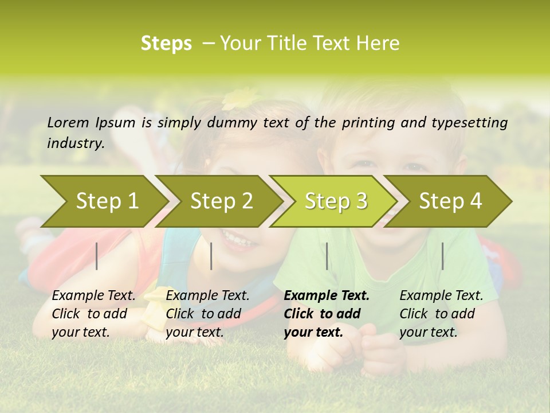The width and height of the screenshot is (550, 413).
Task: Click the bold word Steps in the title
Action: click(166, 44)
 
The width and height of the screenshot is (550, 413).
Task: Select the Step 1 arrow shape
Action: click(107, 201)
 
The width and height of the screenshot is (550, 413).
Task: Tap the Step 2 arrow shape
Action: click(221, 201)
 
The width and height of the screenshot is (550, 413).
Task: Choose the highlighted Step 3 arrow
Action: click(336, 201)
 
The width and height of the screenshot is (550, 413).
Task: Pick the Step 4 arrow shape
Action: click(450, 201)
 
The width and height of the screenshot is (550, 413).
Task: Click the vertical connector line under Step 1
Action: click(97, 256)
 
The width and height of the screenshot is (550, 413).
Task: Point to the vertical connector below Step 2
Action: click(211, 256)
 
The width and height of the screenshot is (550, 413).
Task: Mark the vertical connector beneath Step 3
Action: click(327, 256)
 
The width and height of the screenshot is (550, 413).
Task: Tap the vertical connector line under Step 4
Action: click(442, 256)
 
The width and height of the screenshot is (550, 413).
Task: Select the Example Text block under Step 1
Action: click(93, 314)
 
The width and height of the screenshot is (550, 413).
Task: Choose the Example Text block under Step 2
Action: click(207, 314)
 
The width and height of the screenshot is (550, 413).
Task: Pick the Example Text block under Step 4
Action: click(441, 314)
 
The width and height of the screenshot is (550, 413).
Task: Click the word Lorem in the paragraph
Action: click(68, 122)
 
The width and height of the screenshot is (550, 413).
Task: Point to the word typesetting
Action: click(467, 123)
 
